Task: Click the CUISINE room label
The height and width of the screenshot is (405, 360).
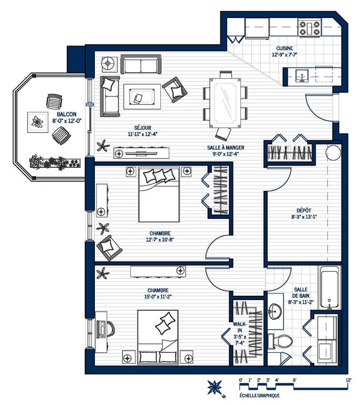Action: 285,49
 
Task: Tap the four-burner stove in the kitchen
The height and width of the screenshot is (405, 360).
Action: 309,27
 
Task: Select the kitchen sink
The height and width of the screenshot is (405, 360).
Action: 301,76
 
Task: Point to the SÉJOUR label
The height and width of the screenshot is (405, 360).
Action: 142,128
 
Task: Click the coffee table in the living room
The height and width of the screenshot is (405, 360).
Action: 142,97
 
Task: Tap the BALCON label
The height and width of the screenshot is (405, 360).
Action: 66,114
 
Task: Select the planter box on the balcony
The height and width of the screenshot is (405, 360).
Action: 55,162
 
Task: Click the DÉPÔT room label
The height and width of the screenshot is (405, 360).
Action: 304,210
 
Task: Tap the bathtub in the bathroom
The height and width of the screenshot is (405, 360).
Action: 329,287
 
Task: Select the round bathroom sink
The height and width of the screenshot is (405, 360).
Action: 275,311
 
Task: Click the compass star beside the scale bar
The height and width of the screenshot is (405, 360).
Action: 215,387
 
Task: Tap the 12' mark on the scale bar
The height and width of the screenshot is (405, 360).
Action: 348,380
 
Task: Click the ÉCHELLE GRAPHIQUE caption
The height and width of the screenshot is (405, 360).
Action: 259,396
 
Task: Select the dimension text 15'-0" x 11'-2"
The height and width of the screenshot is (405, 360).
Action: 158,296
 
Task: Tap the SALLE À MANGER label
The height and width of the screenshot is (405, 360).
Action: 226,148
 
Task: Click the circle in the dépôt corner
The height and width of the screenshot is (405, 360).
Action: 333,153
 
